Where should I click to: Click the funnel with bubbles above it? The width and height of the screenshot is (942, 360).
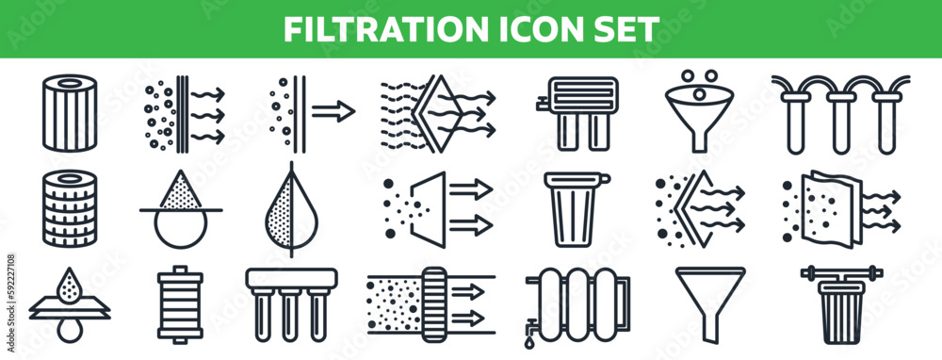coord(699,116)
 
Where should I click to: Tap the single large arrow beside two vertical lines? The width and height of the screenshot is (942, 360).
coord(334,112)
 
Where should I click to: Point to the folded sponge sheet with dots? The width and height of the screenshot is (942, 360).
coord(827,208)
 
